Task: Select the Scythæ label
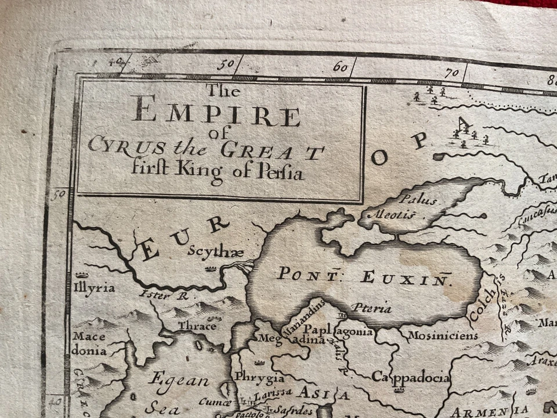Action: click(207, 251)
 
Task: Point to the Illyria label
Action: click(95, 287)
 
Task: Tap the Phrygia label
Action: click(259, 378)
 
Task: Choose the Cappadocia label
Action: click(411, 378)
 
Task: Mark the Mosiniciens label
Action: click(443, 335)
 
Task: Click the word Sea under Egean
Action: click(162, 408)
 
